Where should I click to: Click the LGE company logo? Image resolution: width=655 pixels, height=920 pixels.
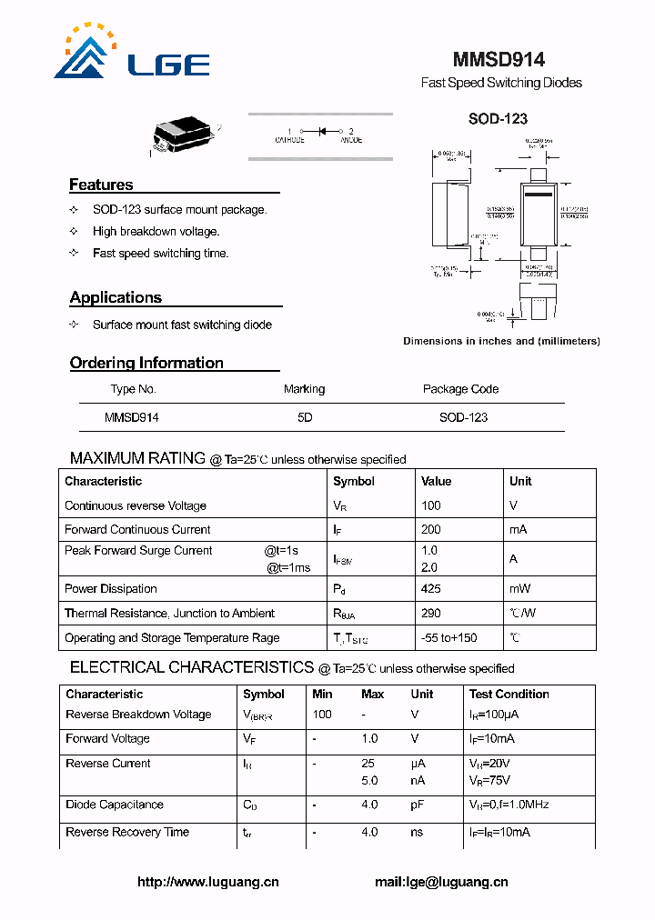(132, 53)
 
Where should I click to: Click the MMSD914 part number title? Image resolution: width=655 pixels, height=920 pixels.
(499, 59)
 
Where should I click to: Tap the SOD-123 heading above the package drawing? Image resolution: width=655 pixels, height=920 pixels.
(498, 118)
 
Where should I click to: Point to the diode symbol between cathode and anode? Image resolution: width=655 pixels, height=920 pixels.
(320, 132)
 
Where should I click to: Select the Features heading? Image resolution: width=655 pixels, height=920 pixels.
(101, 185)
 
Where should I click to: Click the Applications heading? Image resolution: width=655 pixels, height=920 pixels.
(116, 297)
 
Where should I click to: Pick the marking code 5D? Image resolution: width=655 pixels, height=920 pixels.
(305, 417)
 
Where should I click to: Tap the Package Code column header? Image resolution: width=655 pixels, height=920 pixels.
(460, 389)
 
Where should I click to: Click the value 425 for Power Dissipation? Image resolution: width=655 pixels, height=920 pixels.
(431, 589)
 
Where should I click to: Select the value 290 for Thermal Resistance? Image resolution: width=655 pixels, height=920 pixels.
(431, 614)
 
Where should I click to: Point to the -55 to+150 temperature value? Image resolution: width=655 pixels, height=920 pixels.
(448, 638)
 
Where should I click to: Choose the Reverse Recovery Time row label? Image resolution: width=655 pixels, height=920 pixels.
(127, 832)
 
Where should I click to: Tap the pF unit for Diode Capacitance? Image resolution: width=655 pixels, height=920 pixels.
(418, 805)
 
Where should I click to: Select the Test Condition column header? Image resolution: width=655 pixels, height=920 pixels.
(509, 694)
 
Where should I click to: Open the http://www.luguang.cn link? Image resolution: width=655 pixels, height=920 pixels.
(208, 882)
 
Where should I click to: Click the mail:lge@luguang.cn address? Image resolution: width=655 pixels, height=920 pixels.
(441, 882)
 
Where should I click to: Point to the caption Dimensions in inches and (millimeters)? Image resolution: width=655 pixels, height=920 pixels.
(501, 342)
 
